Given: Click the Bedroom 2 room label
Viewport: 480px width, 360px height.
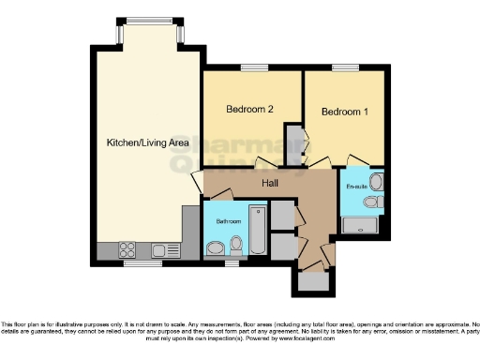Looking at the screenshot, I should click(249, 110).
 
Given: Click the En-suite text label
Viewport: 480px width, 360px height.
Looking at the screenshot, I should click(357, 187).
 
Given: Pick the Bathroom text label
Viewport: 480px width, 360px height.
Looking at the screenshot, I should click(230, 222).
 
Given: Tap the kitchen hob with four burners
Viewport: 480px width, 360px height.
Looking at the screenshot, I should click(126, 250).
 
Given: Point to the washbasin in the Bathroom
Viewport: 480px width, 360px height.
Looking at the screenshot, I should click(216, 247).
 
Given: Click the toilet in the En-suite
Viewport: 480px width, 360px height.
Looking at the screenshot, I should click(372, 202).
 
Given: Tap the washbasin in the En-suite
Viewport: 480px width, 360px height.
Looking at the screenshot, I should click(376, 181).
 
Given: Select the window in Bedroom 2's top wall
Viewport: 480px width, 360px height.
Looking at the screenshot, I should click(252, 68).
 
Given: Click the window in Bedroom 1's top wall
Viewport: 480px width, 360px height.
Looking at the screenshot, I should click(344, 68).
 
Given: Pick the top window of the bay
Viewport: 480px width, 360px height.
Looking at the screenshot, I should click(149, 21).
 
